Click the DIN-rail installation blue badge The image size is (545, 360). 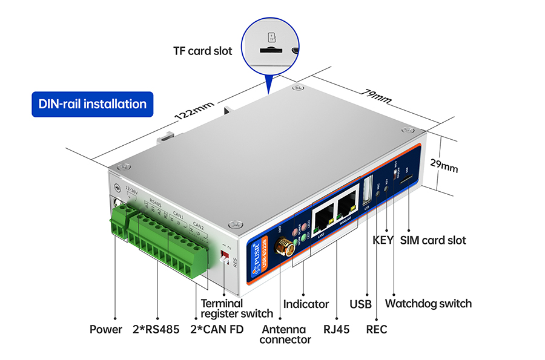tap(93, 103)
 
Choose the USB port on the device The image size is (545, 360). tap(366, 189)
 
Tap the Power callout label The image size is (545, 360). tap(105, 330)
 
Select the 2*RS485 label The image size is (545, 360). tap(156, 330)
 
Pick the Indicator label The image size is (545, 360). tap(306, 304)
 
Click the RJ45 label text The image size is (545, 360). tap(336, 330)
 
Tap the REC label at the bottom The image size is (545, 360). tap(377, 330)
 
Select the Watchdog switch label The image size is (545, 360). tap(428, 303)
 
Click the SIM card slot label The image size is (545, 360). tap(433, 240)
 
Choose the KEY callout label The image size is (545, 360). tap(383, 240)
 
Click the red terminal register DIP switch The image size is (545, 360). tap(225, 251)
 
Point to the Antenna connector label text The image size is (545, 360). tap(285, 334)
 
